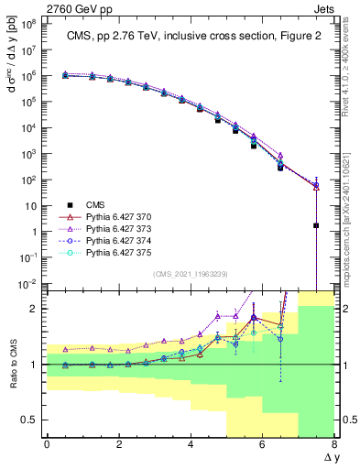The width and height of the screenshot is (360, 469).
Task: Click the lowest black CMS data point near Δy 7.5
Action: (316, 224)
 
